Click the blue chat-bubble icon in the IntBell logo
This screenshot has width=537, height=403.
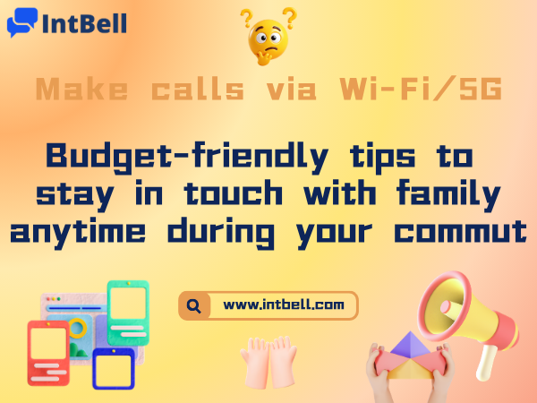pyautogui.click(x=21, y=21)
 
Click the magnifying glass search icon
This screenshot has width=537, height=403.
pyautogui.click(x=193, y=305)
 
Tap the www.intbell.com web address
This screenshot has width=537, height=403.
pyautogui.click(x=283, y=305)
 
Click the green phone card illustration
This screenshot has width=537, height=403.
pyautogui.click(x=127, y=312)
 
